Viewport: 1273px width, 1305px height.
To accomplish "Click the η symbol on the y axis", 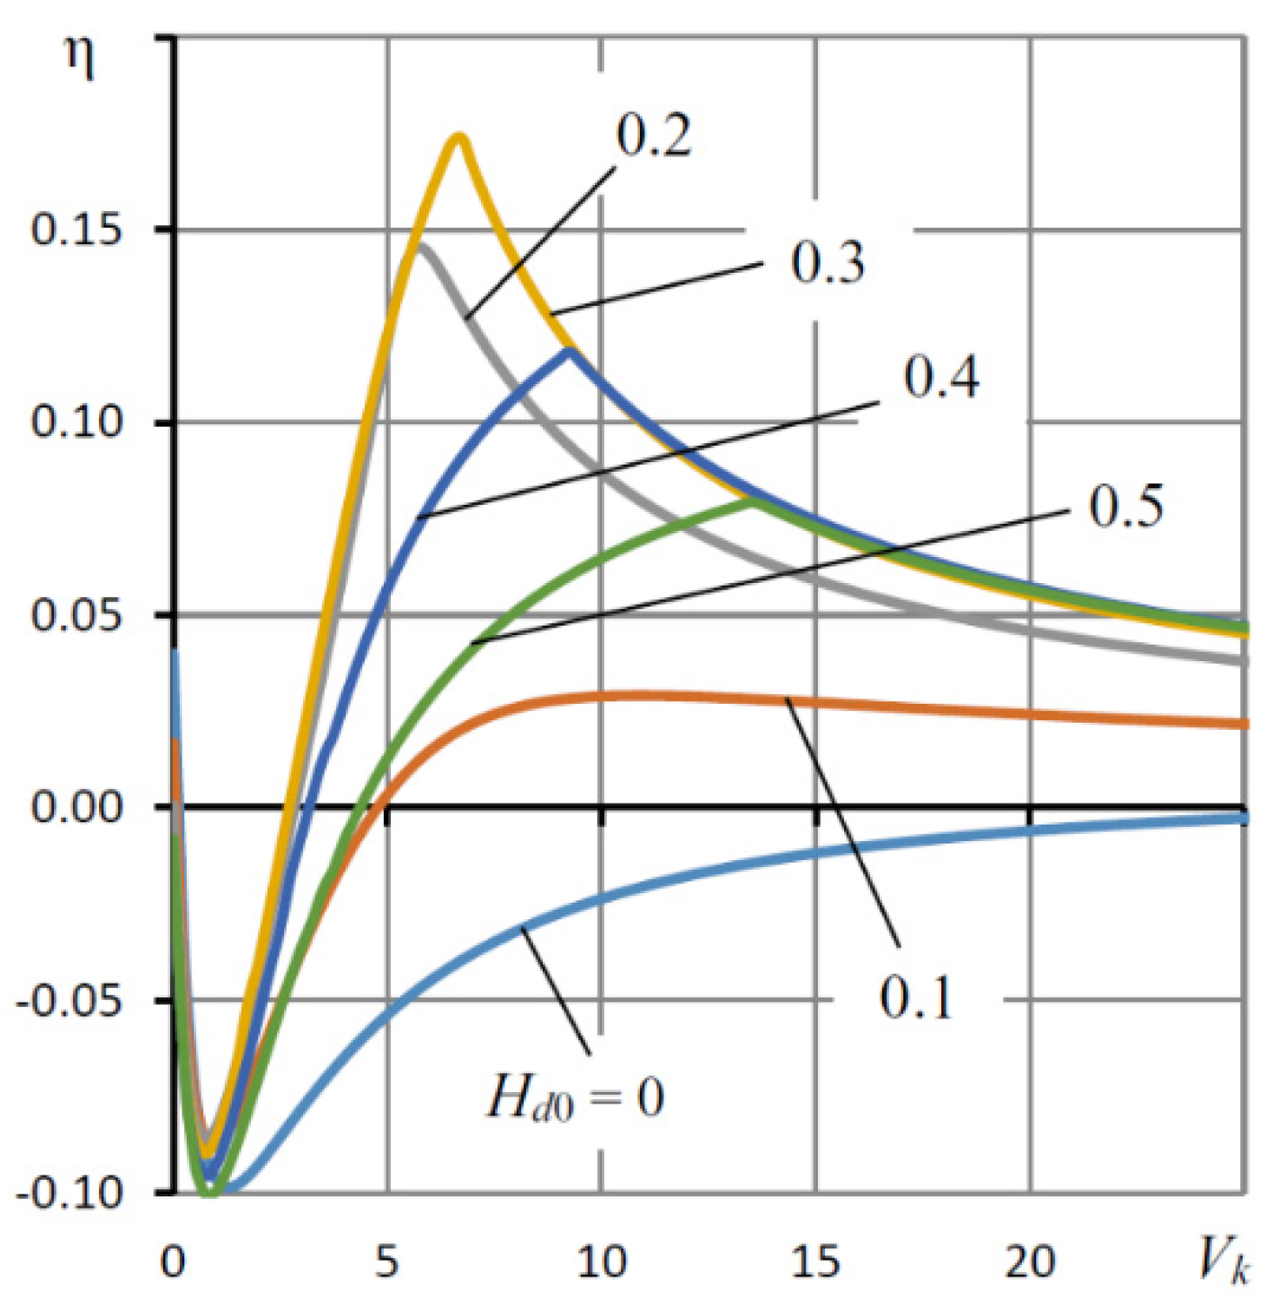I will pos(81,61).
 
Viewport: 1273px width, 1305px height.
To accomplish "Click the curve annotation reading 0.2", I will pos(654,137).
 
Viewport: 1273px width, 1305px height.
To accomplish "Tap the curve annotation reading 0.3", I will pos(828,262).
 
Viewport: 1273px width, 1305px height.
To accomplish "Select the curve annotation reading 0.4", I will pos(941,377).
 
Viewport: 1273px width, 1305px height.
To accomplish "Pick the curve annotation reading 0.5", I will pos(1125,506).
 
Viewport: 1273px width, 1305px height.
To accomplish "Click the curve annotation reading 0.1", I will pos(915,997).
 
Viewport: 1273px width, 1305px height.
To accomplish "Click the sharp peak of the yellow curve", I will pos(459,136).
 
